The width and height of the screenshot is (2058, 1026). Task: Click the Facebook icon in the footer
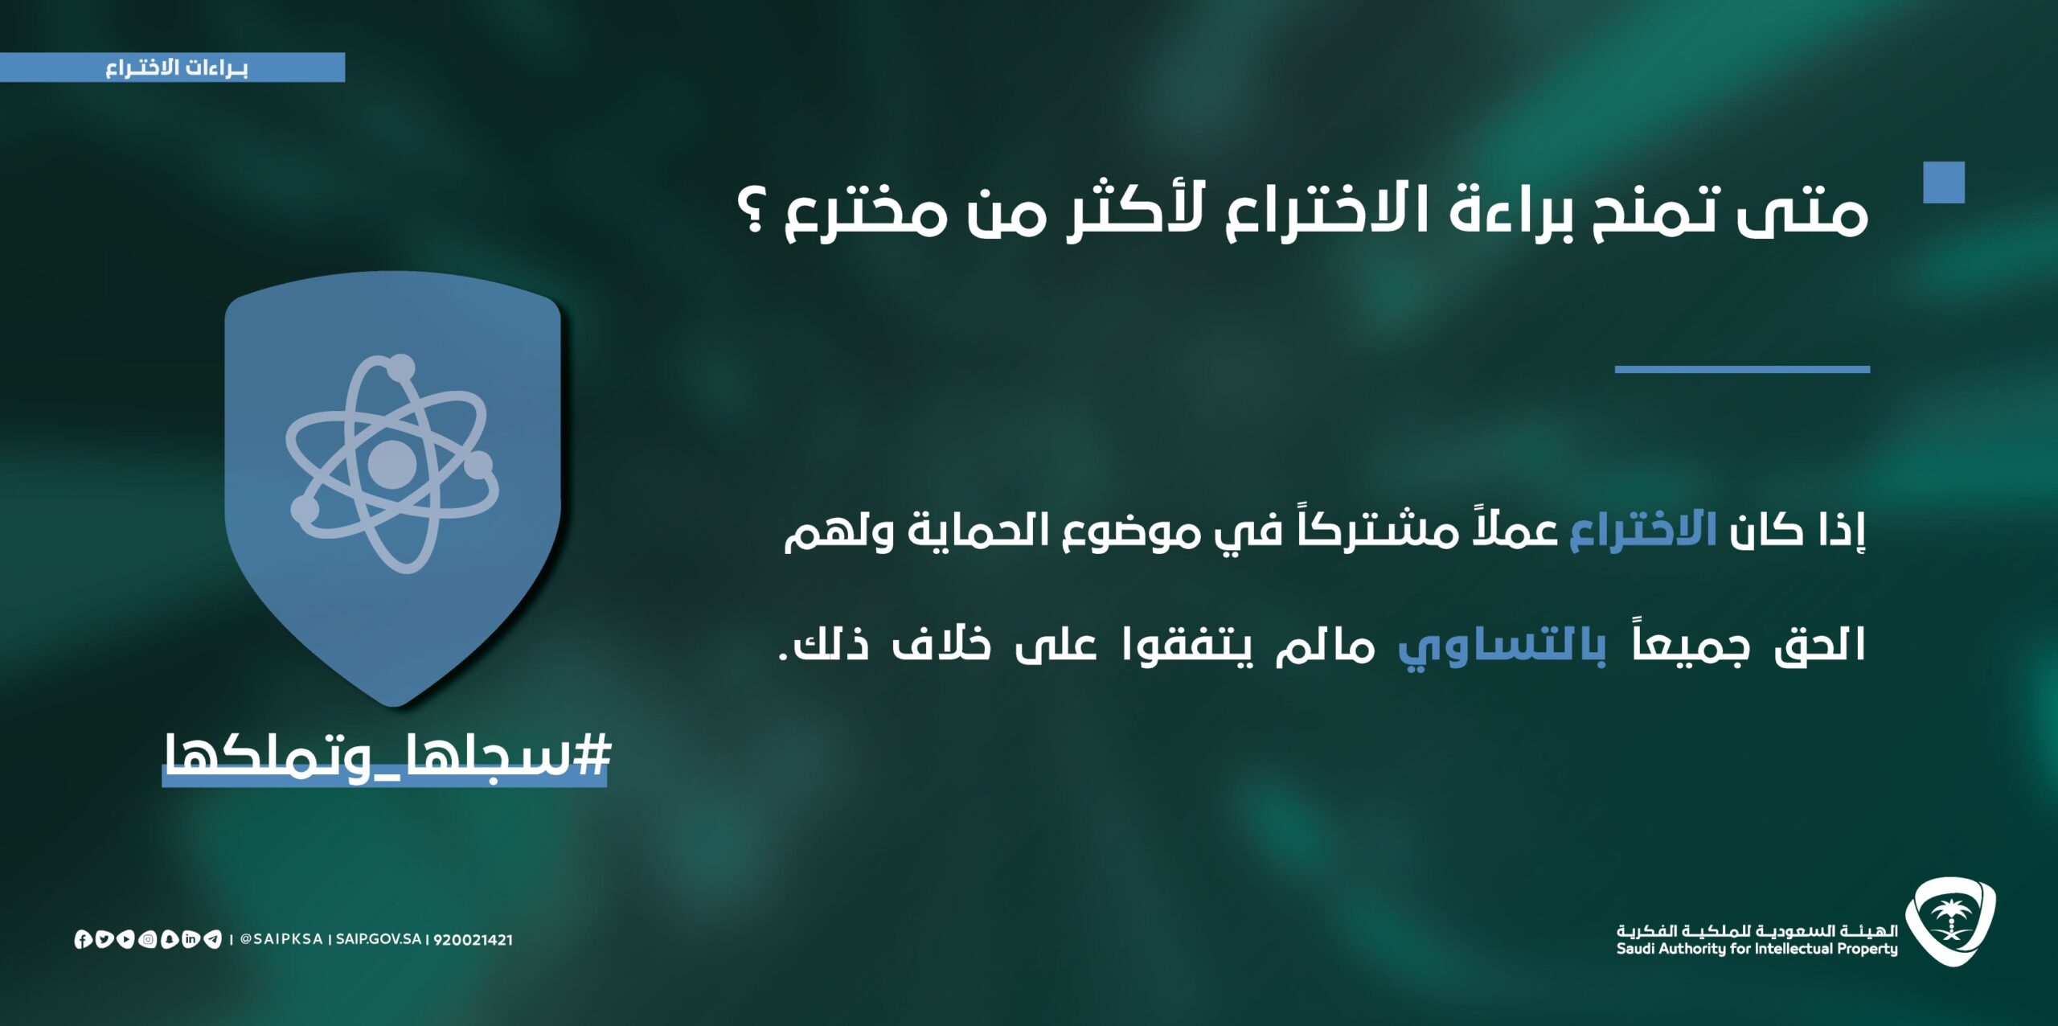[x=82, y=939]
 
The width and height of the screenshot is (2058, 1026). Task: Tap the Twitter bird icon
[x=104, y=939]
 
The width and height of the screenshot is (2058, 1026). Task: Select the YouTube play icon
[x=125, y=939]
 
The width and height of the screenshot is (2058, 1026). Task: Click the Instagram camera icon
[x=147, y=939]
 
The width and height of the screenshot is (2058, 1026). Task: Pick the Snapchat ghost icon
[x=169, y=939]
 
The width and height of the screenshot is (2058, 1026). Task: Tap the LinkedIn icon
[x=191, y=939]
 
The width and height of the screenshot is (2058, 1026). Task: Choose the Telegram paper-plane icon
[x=212, y=939]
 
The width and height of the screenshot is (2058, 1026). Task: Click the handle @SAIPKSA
[x=281, y=939]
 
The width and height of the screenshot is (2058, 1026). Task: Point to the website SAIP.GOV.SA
[x=379, y=939]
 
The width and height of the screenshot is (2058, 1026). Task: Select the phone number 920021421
[x=473, y=940]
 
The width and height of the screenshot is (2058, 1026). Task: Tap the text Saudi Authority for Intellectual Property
[x=1757, y=949]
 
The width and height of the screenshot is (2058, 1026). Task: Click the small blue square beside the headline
[x=1944, y=183]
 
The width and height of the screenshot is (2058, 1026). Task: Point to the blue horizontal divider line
[x=1742, y=370]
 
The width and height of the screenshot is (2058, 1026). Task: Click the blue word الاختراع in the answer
[x=1643, y=531]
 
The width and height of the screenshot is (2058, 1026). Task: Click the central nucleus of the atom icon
[x=392, y=464]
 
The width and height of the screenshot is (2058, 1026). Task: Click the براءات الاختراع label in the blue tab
[x=176, y=68]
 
